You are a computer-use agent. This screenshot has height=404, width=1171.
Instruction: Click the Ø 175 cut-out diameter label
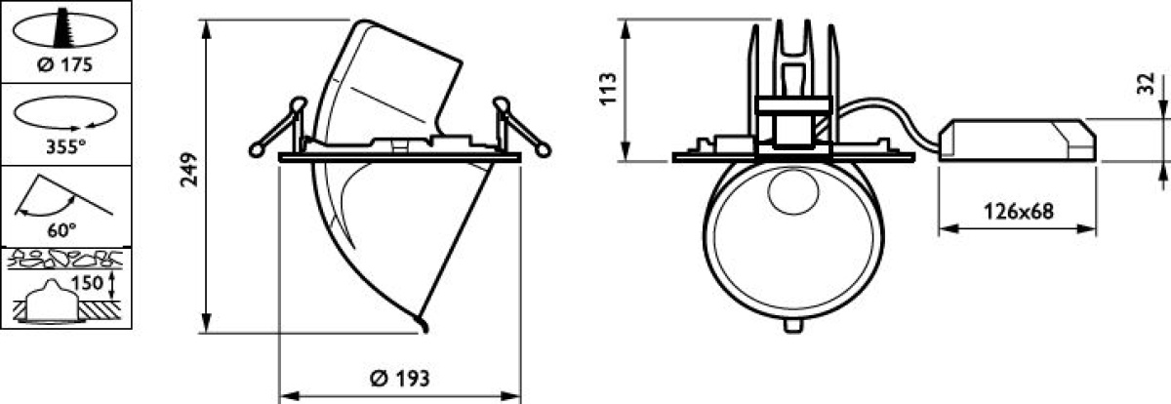click(64, 64)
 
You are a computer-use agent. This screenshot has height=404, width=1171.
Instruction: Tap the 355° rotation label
click(66, 146)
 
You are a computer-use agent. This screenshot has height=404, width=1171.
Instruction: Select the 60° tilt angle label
click(61, 229)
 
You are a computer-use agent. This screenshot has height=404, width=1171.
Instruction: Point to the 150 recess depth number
click(87, 283)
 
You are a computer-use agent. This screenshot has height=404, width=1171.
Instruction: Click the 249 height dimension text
click(188, 170)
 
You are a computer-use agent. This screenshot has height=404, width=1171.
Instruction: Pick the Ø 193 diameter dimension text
click(399, 379)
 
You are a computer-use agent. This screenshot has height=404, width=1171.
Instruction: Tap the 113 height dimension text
click(608, 89)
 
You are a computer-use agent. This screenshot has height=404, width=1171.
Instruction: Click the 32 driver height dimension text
click(1146, 84)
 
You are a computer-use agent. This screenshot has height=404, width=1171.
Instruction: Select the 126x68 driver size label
click(1019, 212)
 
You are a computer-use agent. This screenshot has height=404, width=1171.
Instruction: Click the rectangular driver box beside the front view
click(1017, 140)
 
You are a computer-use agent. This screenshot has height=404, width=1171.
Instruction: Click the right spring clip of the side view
click(522, 126)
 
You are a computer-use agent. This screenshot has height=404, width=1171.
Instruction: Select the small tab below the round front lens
click(793, 325)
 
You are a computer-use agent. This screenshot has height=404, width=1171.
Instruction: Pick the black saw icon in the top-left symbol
click(64, 28)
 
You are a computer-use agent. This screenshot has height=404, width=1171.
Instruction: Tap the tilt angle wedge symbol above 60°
click(62, 196)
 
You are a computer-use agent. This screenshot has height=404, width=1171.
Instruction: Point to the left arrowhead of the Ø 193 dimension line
click(289, 395)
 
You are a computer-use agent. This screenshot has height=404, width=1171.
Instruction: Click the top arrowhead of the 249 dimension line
click(207, 29)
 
